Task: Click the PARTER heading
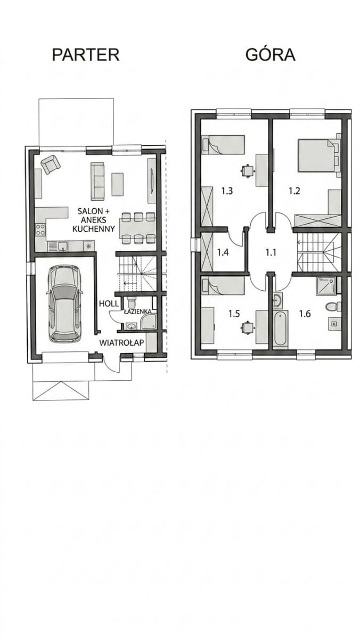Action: click(86, 55)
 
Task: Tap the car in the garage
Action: click(64, 304)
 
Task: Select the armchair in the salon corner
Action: click(51, 164)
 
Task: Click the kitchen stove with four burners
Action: click(40, 230)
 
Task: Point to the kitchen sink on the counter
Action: click(58, 245)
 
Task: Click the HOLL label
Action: click(109, 304)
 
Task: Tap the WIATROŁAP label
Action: click(122, 342)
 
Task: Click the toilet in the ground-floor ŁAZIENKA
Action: click(132, 302)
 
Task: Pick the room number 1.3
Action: click(227, 191)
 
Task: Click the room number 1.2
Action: click(294, 191)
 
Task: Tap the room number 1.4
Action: click(223, 252)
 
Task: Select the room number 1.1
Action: click(271, 252)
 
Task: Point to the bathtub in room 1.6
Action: click(281, 329)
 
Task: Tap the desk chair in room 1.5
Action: click(247, 327)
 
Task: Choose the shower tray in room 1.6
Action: click(326, 286)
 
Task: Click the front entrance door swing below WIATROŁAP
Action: click(112, 364)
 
